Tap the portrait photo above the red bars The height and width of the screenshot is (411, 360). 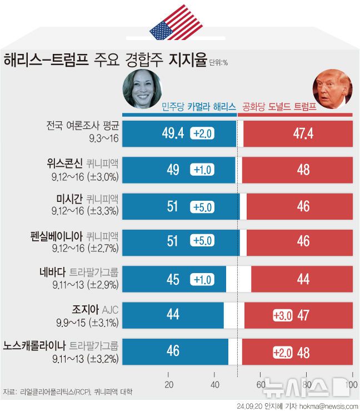coord(333,89)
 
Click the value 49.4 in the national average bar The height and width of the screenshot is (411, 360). coord(173,133)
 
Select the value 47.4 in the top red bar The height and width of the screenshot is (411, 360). coord(303,133)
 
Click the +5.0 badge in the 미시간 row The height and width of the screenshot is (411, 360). coord(203,207)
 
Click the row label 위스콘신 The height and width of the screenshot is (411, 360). coord(65,163)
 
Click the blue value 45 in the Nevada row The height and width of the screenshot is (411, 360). coord(173,279)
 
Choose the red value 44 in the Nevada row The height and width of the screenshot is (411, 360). coord(303,279)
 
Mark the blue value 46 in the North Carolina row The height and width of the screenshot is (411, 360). coord(173,351)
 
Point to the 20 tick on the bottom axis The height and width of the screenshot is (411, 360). coord(169,385)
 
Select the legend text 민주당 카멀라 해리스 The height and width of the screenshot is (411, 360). coord(198,107)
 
